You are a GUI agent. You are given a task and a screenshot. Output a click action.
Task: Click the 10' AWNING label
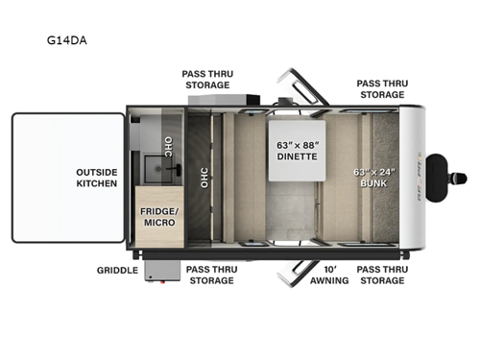coord(329,275)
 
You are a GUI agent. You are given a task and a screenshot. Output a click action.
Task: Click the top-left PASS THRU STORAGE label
coord(207,79)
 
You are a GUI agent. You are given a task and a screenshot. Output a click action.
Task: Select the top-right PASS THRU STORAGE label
coord(381,88)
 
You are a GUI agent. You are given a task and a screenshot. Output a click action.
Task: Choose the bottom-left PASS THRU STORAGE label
coord(209,275)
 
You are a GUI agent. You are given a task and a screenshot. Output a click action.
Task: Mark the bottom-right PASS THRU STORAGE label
coord(381,275)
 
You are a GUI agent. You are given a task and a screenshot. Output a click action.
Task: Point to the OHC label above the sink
coord(169,146)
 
